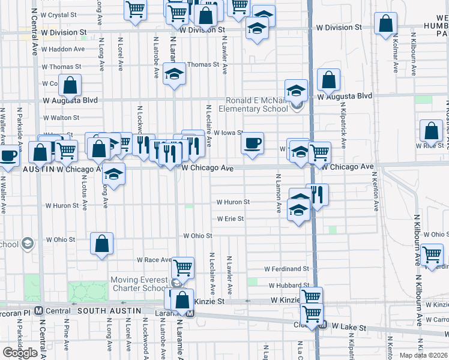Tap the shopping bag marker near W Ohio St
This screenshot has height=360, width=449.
point(101,243)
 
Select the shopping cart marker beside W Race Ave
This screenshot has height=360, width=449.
point(182,267)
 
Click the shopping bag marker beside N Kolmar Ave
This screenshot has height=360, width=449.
point(385,23)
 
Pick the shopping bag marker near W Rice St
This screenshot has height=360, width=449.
point(431,131)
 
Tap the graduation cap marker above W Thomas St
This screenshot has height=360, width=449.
point(174,73)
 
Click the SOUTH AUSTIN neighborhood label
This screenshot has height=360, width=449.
point(109,310)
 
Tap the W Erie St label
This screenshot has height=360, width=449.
point(230,219)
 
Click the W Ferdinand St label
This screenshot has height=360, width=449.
point(289,269)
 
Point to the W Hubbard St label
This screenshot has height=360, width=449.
point(289,285)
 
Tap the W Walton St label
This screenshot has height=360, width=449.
point(61,118)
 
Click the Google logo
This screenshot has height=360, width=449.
point(20,353)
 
